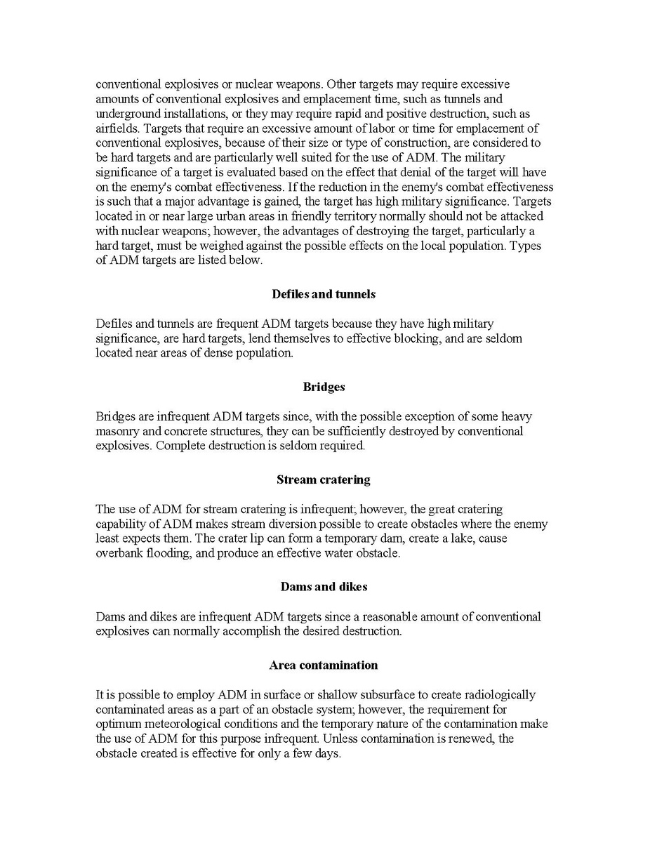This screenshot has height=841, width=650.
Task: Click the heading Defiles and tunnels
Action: pos(324,294)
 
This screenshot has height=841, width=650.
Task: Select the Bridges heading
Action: pos(324,387)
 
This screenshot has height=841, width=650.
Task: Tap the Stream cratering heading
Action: pos(324,479)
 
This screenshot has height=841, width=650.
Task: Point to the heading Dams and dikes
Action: pos(324,586)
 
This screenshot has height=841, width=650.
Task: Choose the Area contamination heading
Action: pos(324,665)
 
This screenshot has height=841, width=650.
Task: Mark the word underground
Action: pos(126,114)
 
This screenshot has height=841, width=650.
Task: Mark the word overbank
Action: pos(120,553)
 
